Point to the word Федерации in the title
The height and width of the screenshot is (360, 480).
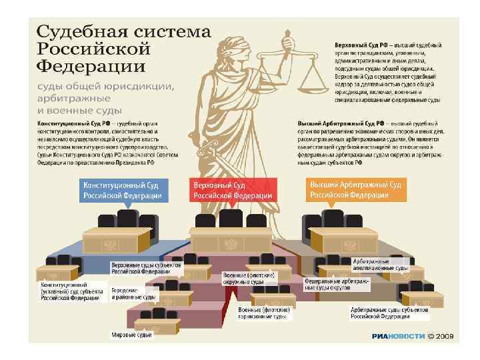[91, 67]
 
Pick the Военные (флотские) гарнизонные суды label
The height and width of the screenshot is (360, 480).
[263, 314]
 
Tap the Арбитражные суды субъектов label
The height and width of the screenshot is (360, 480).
[391, 313]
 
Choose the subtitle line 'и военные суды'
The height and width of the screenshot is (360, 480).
[79, 109]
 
